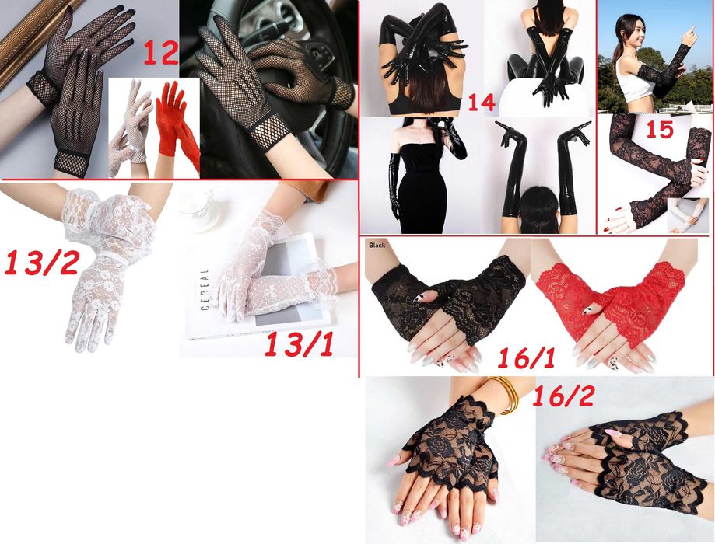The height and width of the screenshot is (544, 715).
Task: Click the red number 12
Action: point(161,53)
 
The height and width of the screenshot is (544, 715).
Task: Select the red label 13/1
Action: point(299,344)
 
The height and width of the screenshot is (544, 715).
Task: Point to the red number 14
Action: point(482,102)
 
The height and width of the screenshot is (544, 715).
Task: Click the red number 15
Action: point(660,129)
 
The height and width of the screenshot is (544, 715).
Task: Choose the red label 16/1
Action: point(526,357)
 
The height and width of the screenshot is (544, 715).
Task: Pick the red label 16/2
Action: point(563,396)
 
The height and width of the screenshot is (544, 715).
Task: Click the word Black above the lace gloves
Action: point(377,245)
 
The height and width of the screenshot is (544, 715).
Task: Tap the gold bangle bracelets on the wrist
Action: point(504,394)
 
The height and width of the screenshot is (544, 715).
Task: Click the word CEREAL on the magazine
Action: point(205,289)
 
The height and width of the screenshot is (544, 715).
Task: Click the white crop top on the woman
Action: point(633,82)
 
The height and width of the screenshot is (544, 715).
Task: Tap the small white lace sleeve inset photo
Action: point(688,215)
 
